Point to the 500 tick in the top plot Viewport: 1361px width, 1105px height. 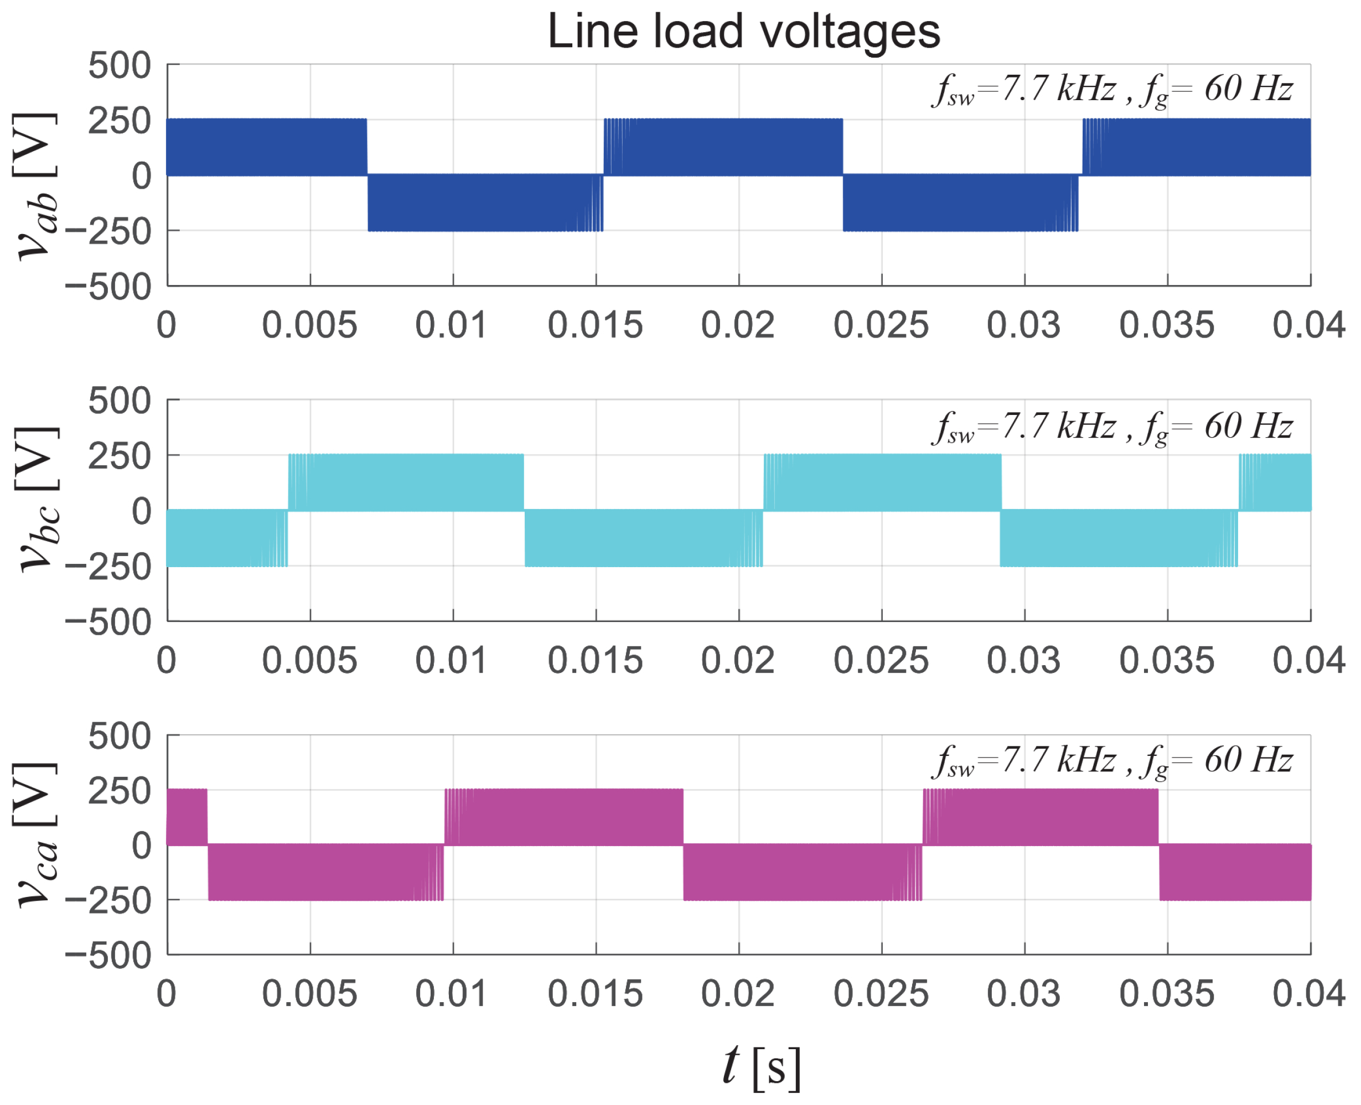[x=120, y=65]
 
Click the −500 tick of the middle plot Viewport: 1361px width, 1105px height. [x=108, y=622]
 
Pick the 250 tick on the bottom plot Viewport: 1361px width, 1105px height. [x=120, y=791]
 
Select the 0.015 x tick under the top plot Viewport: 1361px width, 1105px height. [x=595, y=325]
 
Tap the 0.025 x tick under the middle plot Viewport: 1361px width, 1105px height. [x=881, y=660]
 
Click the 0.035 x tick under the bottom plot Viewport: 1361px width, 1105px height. [x=1167, y=994]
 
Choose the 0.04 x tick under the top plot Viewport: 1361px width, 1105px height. [x=1309, y=325]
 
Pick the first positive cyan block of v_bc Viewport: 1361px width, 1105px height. [x=406, y=482]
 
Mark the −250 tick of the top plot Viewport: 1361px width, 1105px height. [x=108, y=232]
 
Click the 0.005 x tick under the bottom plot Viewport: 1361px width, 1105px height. [x=309, y=994]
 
